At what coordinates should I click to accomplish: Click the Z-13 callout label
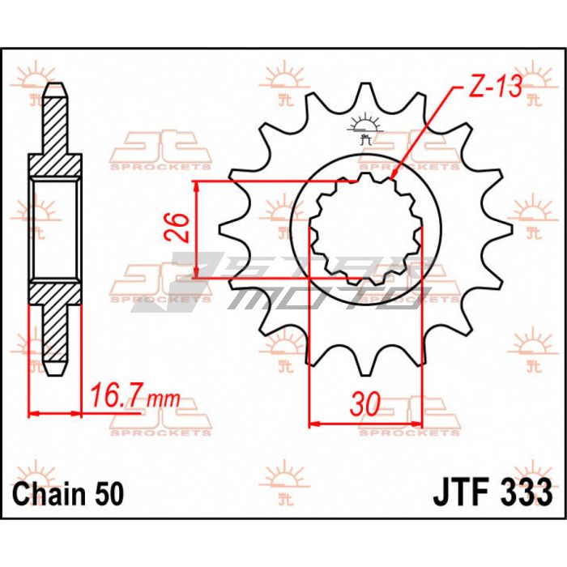pyautogui.click(x=495, y=87)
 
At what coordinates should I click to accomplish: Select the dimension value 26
pyautogui.click(x=177, y=228)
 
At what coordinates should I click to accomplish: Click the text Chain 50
pyautogui.click(x=68, y=493)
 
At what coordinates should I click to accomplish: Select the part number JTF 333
pyautogui.click(x=492, y=492)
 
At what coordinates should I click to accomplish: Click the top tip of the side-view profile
pyautogui.click(x=55, y=84)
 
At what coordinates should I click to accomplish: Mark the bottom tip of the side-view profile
pyautogui.click(x=55, y=374)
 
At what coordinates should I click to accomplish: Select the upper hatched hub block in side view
pyautogui.click(x=55, y=165)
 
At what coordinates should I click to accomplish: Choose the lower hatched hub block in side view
pyautogui.click(x=55, y=293)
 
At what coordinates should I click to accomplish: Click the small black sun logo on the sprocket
pyautogui.click(x=365, y=129)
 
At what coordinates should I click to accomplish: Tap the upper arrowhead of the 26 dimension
pyautogui.click(x=196, y=186)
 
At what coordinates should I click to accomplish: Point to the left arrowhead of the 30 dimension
pyautogui.click(x=314, y=423)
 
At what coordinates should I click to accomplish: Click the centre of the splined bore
pyautogui.click(x=365, y=229)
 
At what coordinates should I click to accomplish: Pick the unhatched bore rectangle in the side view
pyautogui.click(x=55, y=229)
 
